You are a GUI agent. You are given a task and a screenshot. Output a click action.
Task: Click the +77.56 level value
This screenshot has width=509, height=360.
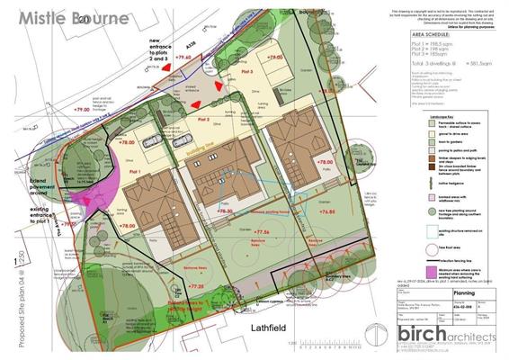[264, 232]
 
